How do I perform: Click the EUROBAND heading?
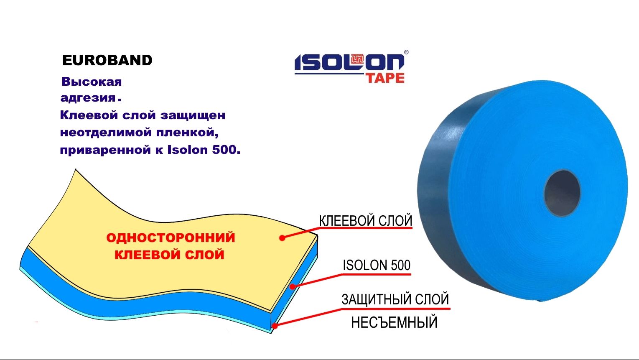107,61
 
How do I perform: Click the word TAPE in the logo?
385,78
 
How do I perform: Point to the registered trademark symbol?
406,53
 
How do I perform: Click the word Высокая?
92,82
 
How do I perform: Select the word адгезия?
88,98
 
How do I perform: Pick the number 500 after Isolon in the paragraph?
224,150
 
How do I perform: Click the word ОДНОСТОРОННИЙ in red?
171,237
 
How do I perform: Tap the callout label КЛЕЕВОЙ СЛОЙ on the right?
366,221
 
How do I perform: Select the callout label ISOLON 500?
377,265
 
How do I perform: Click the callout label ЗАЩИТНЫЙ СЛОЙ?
395,299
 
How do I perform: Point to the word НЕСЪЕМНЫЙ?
394,322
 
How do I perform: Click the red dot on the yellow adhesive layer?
282,238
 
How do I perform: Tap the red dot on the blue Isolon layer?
293,287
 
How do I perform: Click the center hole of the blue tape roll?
562,193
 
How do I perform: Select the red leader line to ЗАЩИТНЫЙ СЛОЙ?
309,317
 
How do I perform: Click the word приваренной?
104,150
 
